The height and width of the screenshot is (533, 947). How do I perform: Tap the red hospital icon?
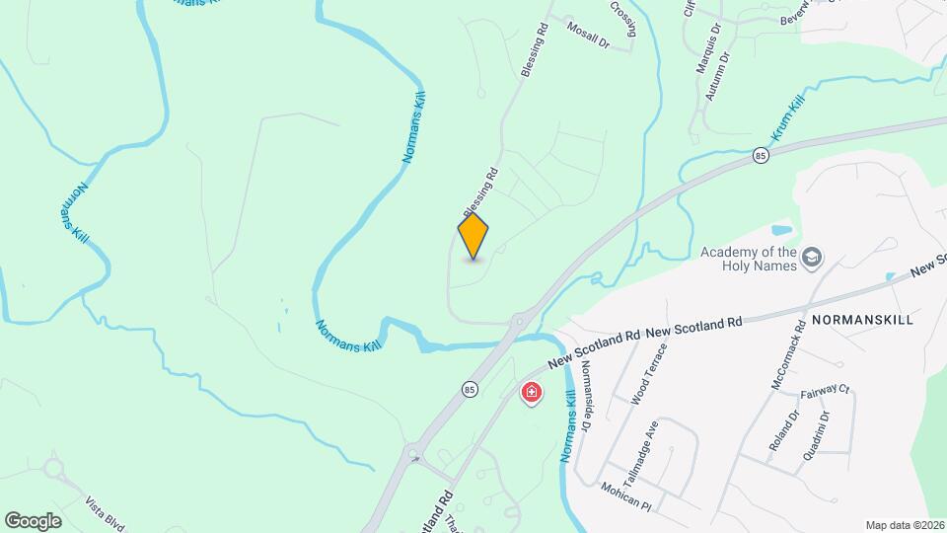tap(532, 394)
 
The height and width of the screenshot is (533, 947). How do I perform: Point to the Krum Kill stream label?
tap(789, 120)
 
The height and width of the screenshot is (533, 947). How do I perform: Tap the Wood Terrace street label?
tap(650, 374)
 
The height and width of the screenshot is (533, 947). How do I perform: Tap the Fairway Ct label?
tap(825, 391)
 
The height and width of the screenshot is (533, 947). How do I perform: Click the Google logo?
tap(33, 520)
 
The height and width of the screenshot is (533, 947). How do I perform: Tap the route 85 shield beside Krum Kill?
tap(760, 155)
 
